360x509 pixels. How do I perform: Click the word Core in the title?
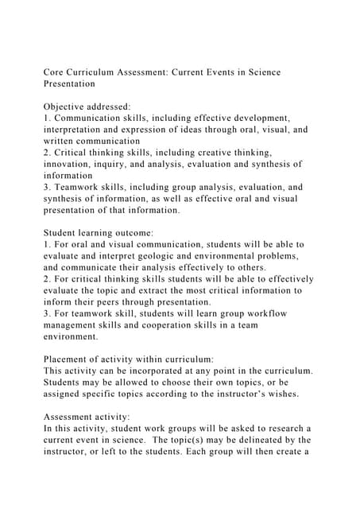click(55, 72)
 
